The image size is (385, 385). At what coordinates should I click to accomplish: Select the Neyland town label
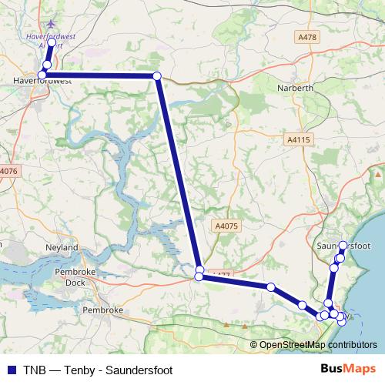click(62, 248)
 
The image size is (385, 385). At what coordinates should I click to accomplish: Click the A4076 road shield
click(8, 170)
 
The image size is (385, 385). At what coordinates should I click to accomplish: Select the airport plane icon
click(52, 25)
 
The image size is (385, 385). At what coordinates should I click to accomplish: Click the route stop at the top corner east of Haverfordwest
click(156, 75)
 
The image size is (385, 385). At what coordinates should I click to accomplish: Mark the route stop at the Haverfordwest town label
click(42, 75)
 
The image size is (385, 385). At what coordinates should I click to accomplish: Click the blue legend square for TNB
click(10, 370)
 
